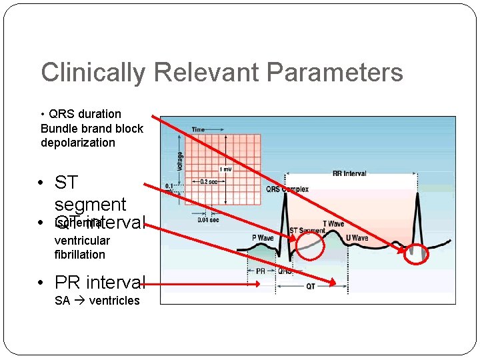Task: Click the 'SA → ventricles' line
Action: [97, 301]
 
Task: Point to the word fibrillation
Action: [80, 255]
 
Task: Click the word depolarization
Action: [78, 143]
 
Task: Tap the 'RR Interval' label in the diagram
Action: [349, 173]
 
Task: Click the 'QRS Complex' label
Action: [288, 189]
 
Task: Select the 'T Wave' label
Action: [333, 224]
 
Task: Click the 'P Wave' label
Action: [262, 238]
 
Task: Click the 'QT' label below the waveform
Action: [311, 286]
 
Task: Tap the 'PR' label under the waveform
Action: [260, 271]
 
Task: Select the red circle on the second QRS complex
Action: [417, 253]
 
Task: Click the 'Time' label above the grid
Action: [198, 129]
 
